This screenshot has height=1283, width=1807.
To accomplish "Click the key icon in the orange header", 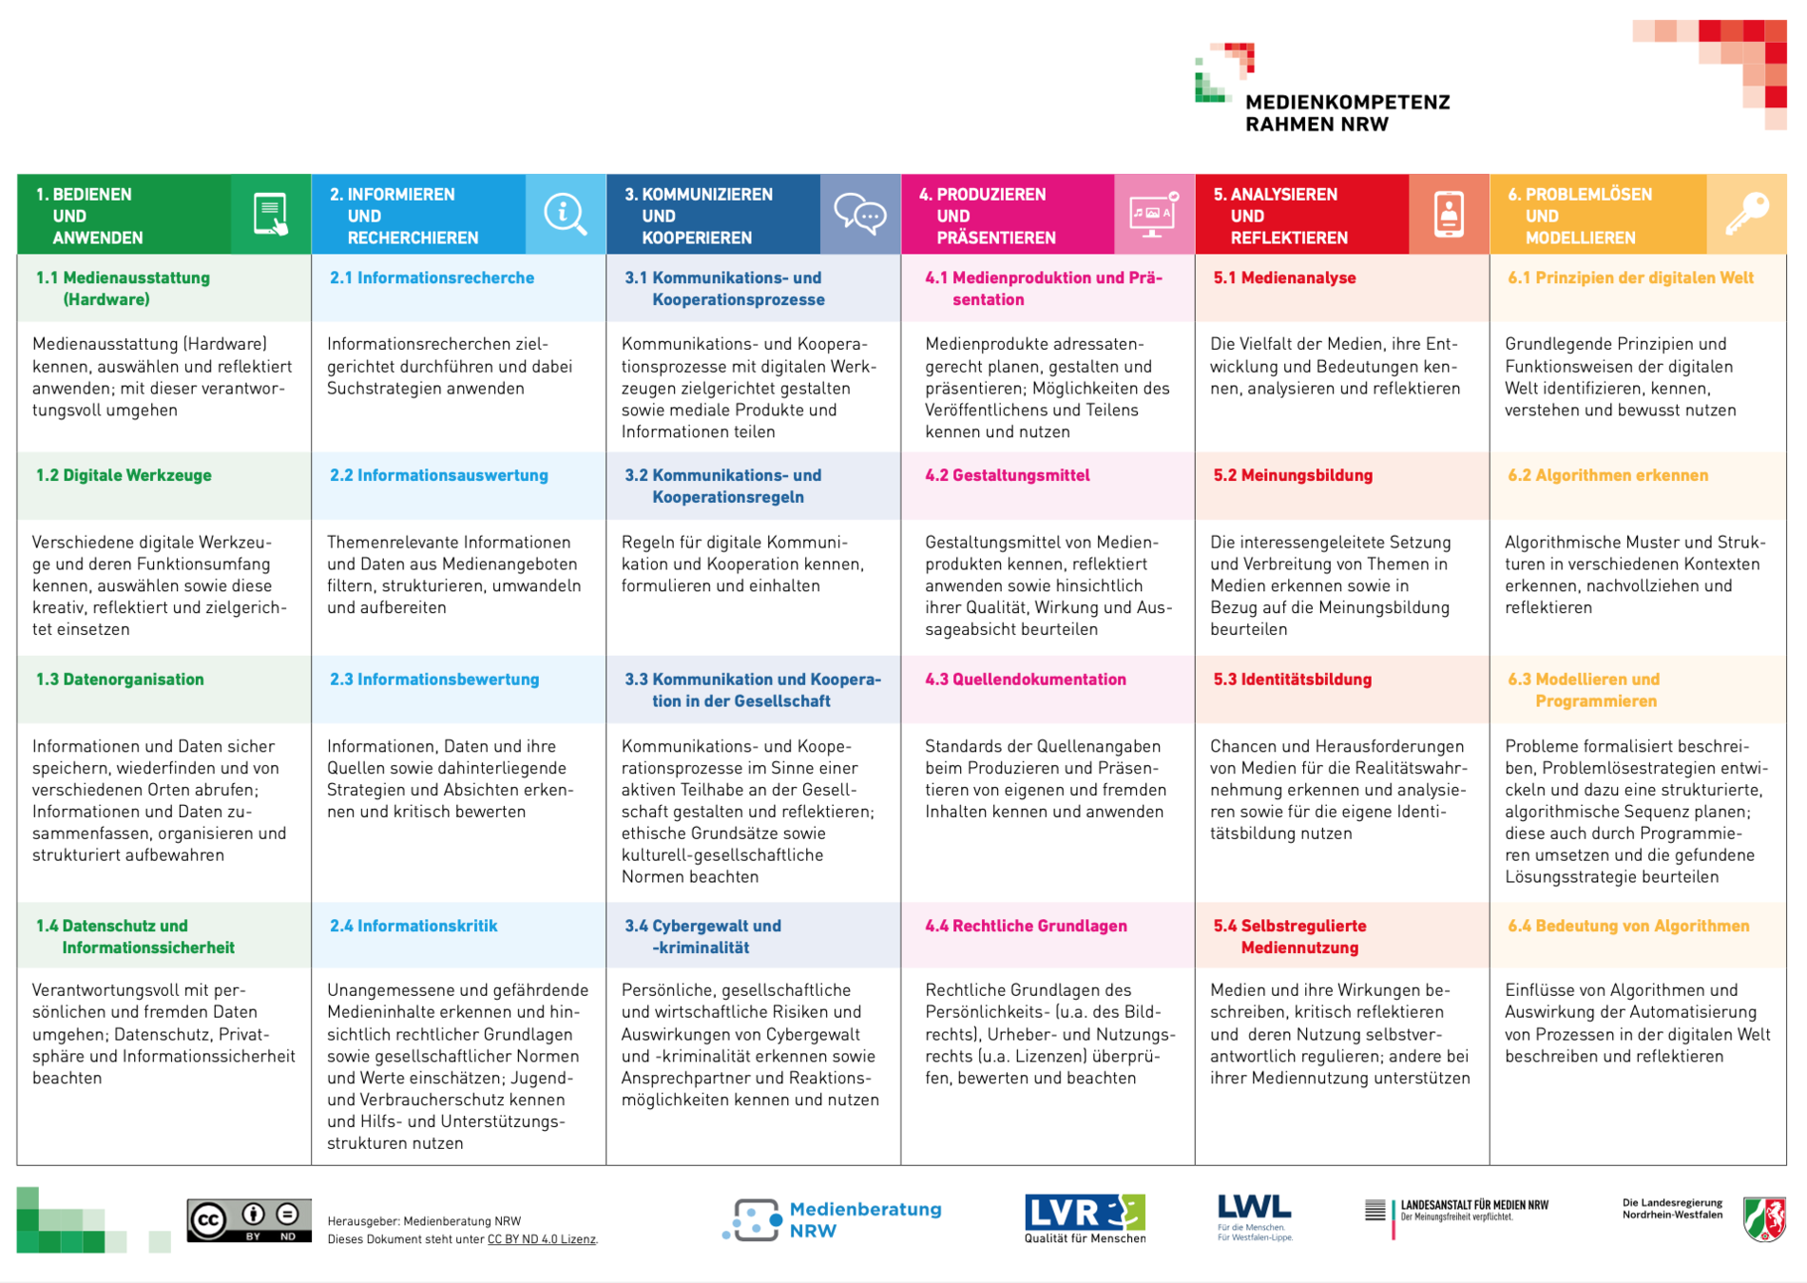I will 1747,214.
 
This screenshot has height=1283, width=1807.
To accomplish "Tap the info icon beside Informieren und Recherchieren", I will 565,214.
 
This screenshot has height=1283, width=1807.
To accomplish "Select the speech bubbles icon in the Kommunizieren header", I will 860,214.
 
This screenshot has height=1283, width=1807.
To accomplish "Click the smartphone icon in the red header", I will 1449,214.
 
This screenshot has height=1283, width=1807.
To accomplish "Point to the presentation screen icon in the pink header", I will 1153,215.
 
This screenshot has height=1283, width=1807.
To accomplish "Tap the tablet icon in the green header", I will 271,214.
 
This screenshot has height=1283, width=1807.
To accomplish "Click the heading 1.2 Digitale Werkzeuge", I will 124,475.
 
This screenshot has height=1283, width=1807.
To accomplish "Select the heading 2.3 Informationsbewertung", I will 434,680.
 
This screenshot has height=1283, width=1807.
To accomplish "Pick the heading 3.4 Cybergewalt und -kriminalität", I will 702,936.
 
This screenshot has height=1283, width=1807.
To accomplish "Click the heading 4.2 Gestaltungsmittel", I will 1008,475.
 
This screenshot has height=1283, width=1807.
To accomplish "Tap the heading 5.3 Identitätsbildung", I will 1293,680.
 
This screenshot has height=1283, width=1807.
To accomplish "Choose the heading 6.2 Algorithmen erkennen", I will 1608,475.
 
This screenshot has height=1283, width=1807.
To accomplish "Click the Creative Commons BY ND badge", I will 249,1220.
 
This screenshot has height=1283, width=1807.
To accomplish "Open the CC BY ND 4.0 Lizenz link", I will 541,1239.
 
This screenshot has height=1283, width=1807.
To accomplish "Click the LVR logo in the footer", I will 1085,1217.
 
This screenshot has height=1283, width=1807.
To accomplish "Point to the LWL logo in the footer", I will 1254,1216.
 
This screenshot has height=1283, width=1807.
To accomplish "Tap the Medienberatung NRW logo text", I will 865,1219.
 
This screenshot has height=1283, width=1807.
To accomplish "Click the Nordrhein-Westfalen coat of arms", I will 1764,1218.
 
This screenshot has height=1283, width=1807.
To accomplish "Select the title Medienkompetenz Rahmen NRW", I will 1347,113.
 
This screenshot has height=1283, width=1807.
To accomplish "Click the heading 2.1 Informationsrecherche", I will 432,278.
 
